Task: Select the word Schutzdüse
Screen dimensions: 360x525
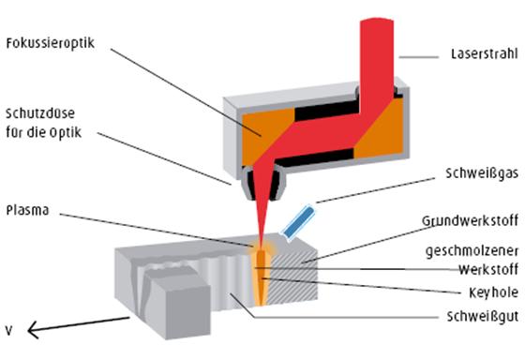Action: click(x=41, y=111)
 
